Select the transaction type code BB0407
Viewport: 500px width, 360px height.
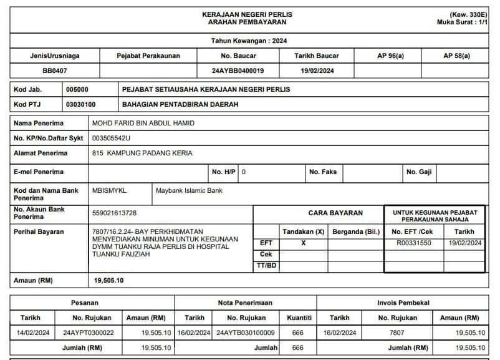pos(55,71)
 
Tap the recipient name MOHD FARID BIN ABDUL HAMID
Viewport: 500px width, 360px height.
pos(143,123)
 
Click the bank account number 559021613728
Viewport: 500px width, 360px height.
pos(114,213)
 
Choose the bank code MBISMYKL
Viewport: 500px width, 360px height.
pos(108,190)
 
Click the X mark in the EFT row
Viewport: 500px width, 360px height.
pos(304,243)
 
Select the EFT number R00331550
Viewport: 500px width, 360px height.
pos(413,243)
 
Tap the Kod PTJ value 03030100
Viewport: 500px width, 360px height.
pos(81,104)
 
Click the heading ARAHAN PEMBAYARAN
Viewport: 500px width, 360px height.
pos(248,22)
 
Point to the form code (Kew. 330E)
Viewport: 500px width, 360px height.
pos(468,14)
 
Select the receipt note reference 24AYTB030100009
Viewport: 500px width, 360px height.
pos(246,333)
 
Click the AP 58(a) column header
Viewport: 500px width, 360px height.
pos(456,56)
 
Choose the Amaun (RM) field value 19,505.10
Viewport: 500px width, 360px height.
pos(109,281)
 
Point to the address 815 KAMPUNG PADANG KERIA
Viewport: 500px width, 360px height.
pos(142,153)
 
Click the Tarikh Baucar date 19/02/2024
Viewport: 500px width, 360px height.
pos(317,71)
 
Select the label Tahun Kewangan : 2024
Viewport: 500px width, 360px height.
pos(249,41)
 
